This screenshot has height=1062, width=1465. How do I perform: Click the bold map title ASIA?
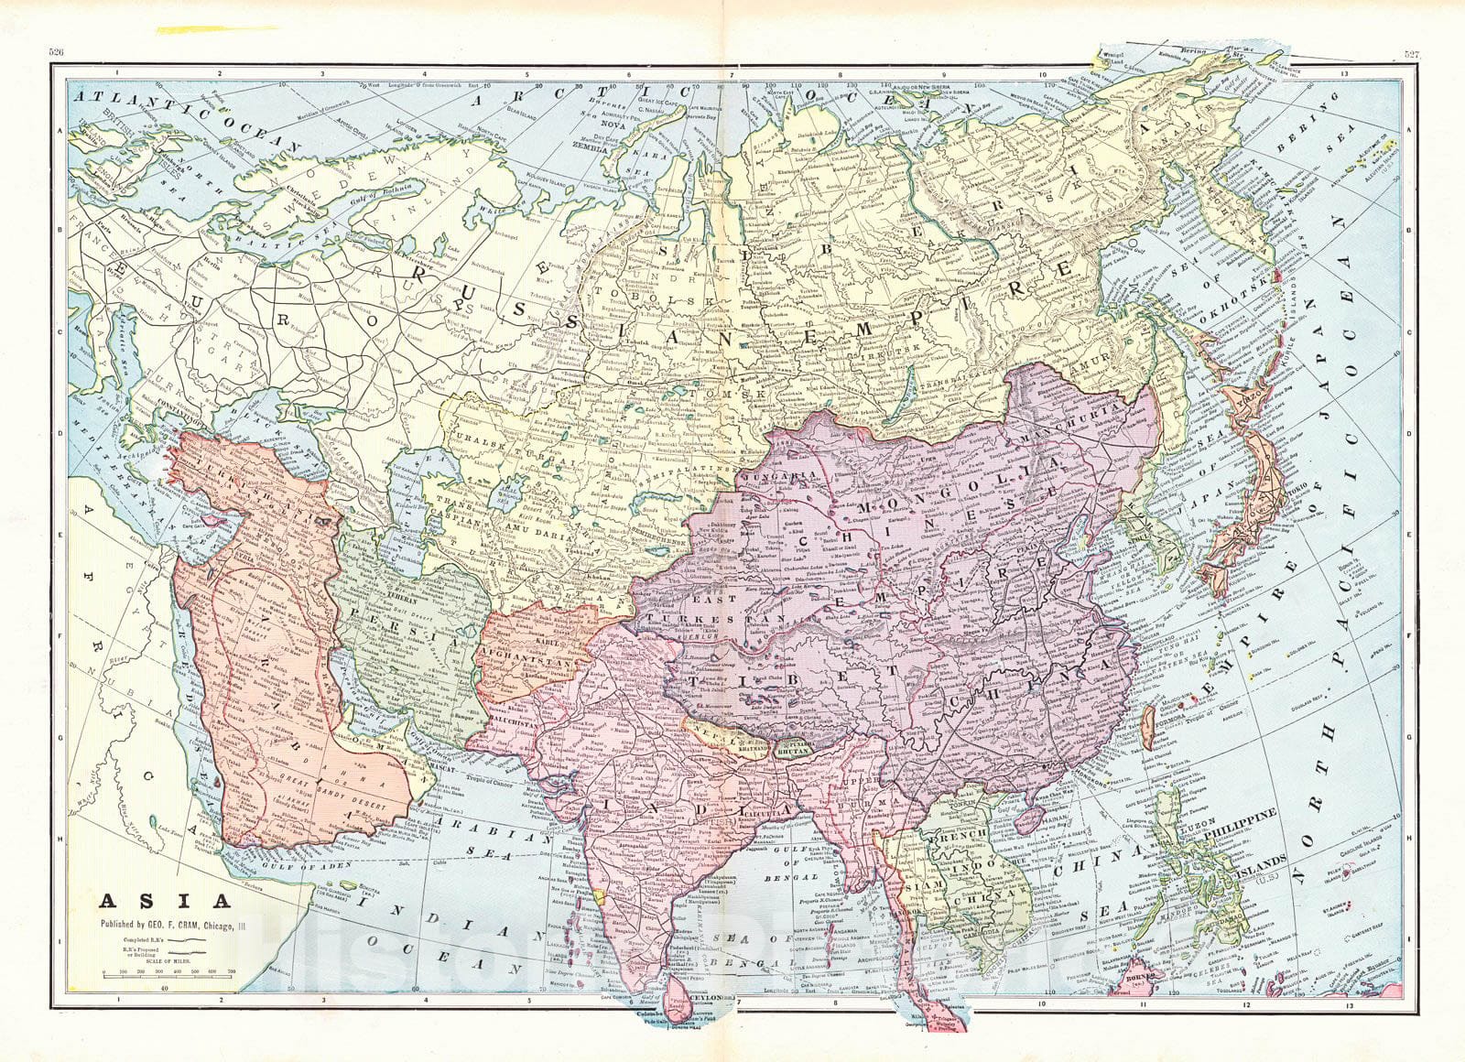pyautogui.click(x=139, y=902)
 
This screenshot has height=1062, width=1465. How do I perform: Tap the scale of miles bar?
pyautogui.click(x=168, y=977)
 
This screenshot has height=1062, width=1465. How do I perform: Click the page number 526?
pyautogui.click(x=56, y=53)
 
